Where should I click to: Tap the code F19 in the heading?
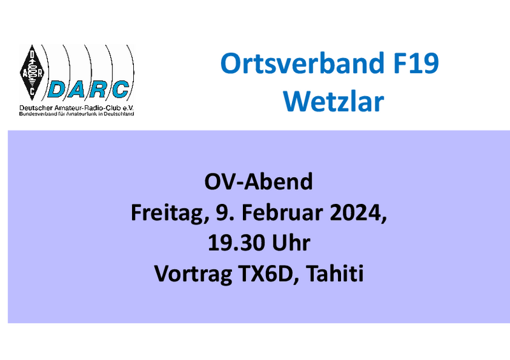click(416, 63)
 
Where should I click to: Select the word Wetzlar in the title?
click(333, 102)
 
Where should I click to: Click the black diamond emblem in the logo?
click(32, 73)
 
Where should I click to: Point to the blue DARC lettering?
click(89, 89)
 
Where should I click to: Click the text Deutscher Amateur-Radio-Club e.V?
click(76, 108)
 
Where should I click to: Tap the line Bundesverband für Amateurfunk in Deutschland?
click(76, 114)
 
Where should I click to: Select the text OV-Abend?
click(259, 182)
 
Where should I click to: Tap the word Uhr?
click(291, 243)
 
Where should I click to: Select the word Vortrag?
click(193, 274)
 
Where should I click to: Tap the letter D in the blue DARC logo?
click(57, 89)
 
